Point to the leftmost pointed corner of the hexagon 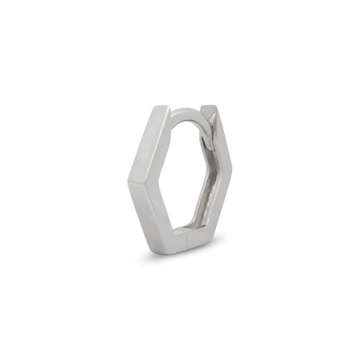[128, 180]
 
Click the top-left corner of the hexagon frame [159, 107]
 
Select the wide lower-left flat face [142, 217]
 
